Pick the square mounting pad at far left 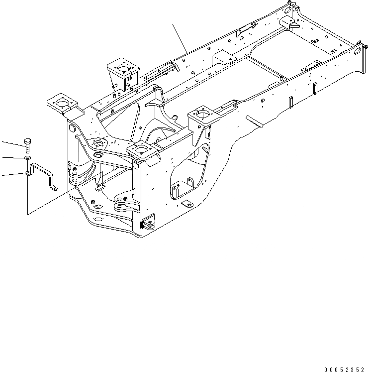tap(62, 104)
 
